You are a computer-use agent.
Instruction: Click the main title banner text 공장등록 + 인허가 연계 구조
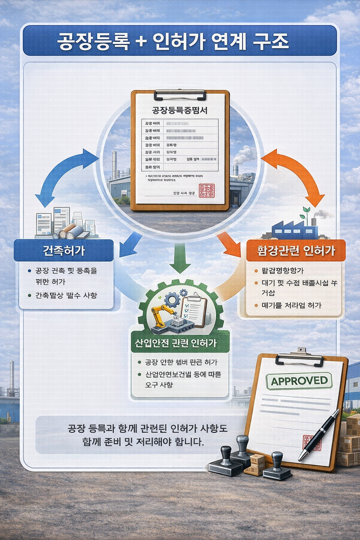pyautogui.click(x=173, y=41)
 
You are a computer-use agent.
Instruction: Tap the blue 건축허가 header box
pyautogui.click(x=64, y=250)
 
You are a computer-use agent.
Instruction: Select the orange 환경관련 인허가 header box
pyautogui.click(x=296, y=250)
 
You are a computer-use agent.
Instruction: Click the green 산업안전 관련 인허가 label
pyautogui.click(x=176, y=343)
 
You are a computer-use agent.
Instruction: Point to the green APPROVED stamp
pyautogui.click(x=299, y=381)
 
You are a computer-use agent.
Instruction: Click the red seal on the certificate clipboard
pyautogui.click(x=207, y=190)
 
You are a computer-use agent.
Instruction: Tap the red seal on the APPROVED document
pyautogui.click(x=311, y=443)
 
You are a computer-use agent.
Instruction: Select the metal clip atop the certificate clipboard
pyautogui.click(x=180, y=94)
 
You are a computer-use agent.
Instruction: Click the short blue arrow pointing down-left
pyautogui.click(x=129, y=244)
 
